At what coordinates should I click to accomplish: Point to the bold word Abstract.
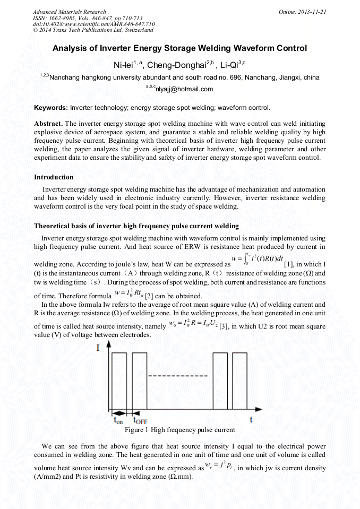pos(49,124)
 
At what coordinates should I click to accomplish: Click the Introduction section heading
pos(54,177)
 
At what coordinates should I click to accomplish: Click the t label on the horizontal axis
pos(251,420)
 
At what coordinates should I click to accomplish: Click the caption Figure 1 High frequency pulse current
pos(179,430)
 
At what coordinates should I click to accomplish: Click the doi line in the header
pos(93,24)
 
